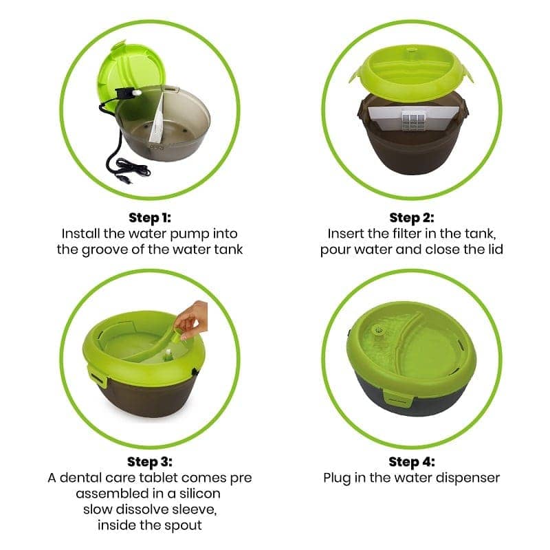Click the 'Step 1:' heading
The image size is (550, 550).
[x=150, y=218]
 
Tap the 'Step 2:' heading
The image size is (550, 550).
[x=412, y=218]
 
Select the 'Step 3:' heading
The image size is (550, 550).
[x=150, y=461]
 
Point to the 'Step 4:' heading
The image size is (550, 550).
[x=412, y=461]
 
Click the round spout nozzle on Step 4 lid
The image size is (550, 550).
[x=377, y=330]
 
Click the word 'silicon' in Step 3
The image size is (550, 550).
[x=200, y=494]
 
